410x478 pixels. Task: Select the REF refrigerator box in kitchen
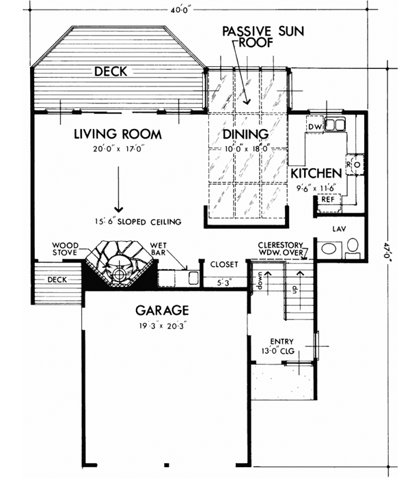tap(328, 201)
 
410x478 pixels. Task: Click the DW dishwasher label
tap(315, 127)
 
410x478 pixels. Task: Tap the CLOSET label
tap(223, 264)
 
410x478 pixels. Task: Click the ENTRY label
tap(282, 341)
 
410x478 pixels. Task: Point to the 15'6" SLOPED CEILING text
tap(138, 222)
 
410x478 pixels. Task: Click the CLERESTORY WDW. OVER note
tap(282, 249)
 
